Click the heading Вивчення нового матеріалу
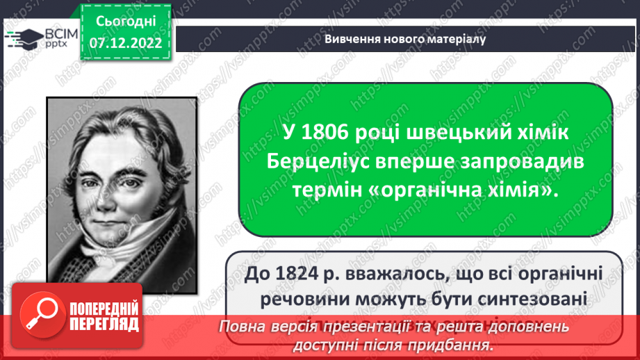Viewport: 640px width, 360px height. click(x=404, y=39)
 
